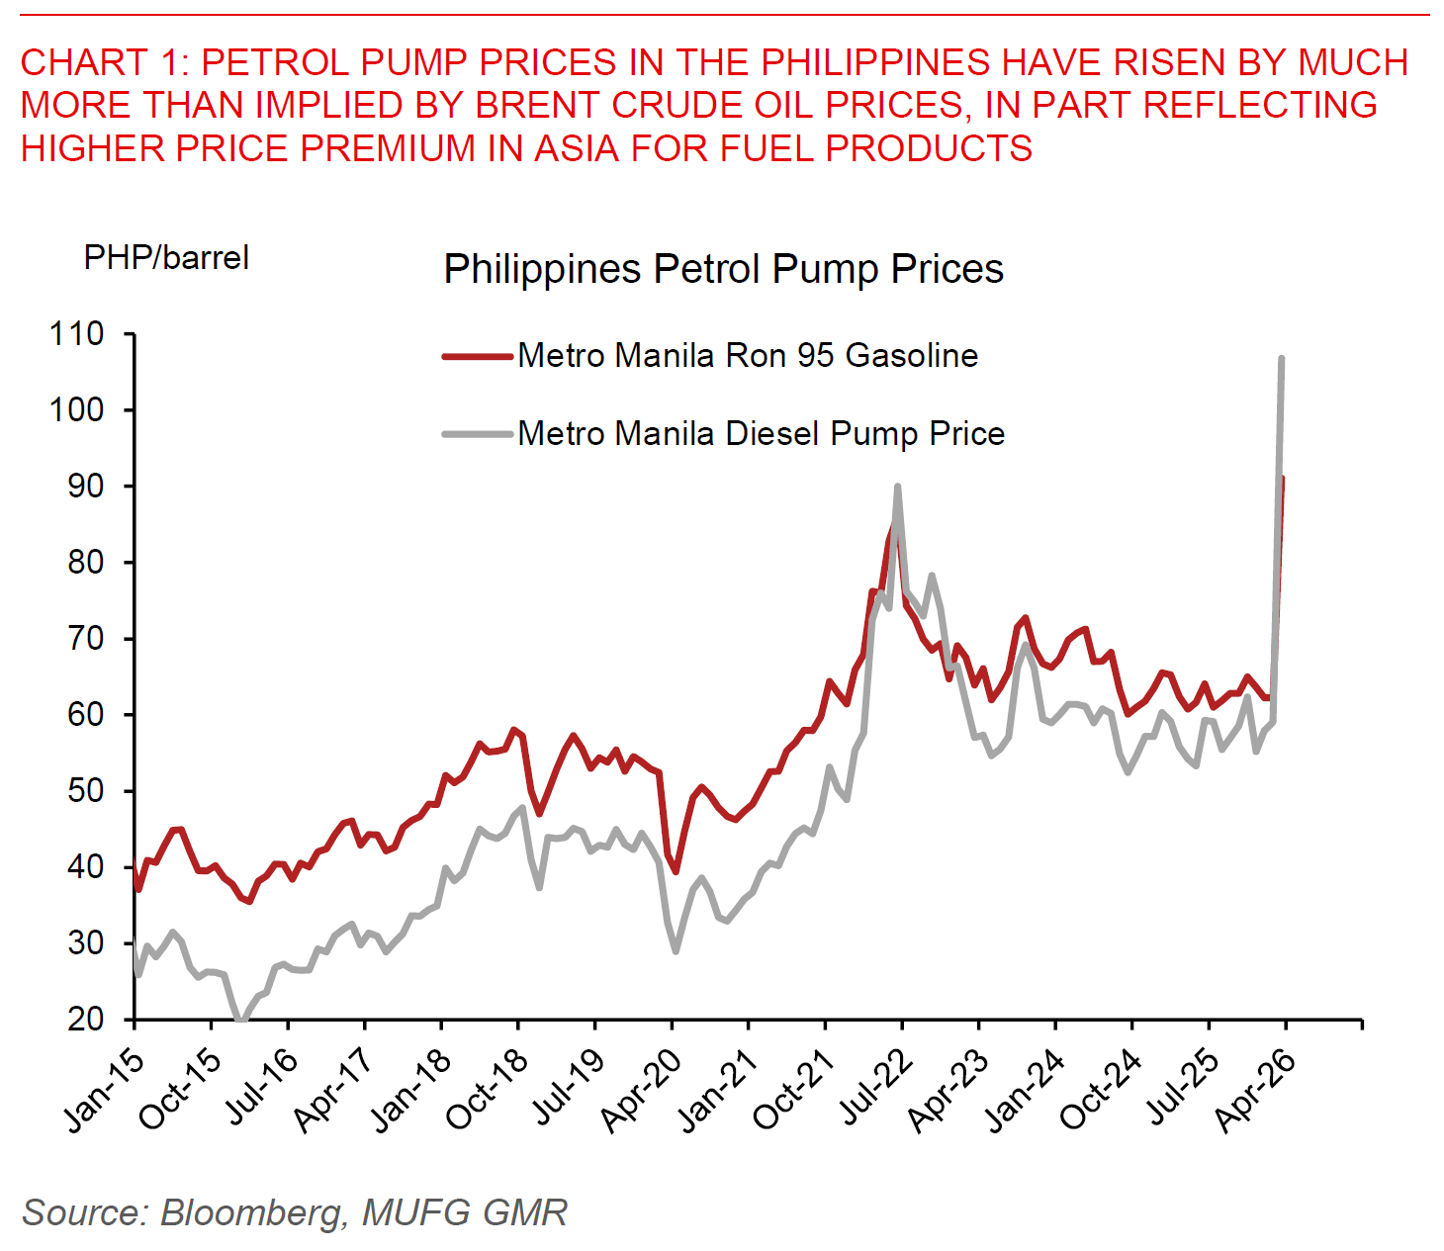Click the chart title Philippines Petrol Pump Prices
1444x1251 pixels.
[723, 269]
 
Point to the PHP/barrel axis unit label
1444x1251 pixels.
[166, 258]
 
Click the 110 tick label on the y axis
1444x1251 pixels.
[77, 334]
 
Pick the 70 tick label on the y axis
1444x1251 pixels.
[85, 639]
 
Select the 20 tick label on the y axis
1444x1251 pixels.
[85, 1020]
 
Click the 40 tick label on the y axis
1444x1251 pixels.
[85, 867]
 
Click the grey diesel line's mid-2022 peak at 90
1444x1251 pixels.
[897, 487]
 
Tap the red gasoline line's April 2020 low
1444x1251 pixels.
[676, 871]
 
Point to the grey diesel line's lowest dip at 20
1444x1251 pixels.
[240, 1020]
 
